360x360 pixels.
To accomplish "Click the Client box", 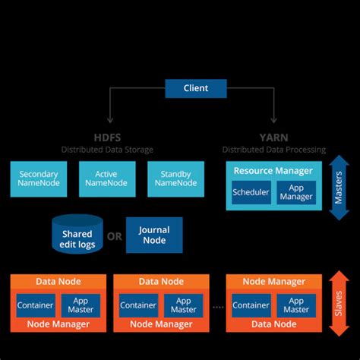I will [195, 88].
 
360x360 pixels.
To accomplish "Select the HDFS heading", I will [107, 137].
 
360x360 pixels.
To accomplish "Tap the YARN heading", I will [273, 137].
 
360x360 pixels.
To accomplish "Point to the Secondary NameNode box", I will [38, 178].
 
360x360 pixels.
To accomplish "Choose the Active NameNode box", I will [106, 178].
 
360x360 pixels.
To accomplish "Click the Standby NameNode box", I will [175, 178].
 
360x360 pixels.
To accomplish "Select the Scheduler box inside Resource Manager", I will [251, 192].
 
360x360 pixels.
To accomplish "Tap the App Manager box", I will [296, 192].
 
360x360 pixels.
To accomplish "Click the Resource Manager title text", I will [273, 171].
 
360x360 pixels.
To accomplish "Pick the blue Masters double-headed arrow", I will [339, 187].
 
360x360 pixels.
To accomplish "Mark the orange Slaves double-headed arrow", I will [339, 303].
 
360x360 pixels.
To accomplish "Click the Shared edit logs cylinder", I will [77, 235].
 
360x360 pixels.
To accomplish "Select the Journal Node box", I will [154, 235].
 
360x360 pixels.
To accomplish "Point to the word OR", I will [114, 236].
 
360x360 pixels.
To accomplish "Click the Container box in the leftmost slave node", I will [35, 305].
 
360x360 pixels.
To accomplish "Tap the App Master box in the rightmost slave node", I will [296, 305].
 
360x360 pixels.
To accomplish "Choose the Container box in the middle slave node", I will [138, 305].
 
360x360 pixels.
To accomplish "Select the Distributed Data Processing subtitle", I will [273, 150].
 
